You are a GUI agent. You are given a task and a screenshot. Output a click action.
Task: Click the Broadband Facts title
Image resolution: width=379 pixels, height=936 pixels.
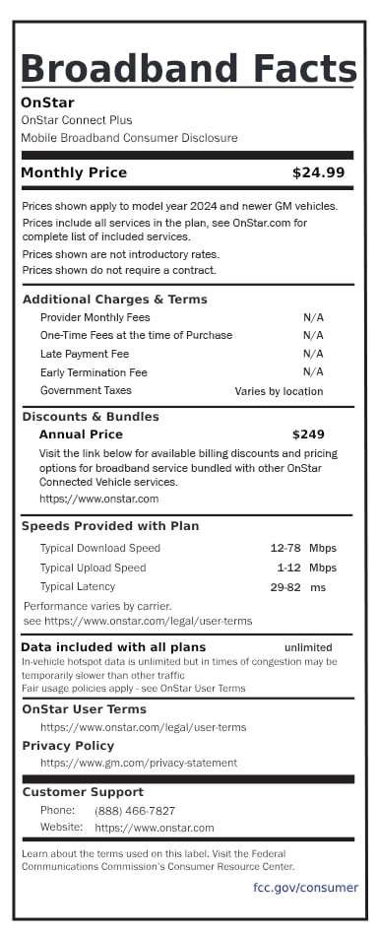(x=188, y=68)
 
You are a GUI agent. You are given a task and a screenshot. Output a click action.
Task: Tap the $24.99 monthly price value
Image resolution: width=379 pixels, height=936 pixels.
(x=318, y=172)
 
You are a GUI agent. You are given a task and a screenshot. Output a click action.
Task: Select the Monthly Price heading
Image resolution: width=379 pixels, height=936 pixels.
(x=74, y=172)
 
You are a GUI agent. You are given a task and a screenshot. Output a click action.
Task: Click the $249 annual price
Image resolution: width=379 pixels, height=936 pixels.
(x=307, y=435)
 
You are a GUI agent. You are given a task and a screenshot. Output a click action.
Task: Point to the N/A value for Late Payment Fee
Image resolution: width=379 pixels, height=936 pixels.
(x=313, y=354)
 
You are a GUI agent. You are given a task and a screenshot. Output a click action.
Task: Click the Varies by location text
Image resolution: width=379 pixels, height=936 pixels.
(x=279, y=391)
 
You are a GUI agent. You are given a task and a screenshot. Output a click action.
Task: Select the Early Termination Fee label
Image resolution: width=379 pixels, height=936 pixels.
(x=94, y=372)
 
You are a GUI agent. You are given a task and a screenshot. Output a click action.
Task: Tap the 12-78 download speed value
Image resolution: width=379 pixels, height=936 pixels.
(x=285, y=548)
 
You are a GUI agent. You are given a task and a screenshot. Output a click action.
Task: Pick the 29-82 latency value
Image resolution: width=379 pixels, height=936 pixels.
(x=285, y=587)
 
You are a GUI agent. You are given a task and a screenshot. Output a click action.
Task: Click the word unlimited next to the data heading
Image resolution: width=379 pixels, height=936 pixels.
(x=308, y=647)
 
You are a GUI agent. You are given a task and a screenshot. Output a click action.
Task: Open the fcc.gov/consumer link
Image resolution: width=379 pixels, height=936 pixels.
(x=305, y=888)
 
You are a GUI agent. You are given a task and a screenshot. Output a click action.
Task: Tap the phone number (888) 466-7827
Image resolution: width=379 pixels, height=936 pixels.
(x=135, y=810)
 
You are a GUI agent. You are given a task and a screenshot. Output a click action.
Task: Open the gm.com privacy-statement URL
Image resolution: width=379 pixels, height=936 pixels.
(x=138, y=763)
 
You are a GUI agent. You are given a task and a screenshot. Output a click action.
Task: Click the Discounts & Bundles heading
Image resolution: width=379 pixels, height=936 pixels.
(x=91, y=416)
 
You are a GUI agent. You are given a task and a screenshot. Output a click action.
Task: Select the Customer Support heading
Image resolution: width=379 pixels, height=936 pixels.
(x=83, y=792)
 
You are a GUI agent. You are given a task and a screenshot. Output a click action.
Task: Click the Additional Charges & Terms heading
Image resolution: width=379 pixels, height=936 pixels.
(x=114, y=300)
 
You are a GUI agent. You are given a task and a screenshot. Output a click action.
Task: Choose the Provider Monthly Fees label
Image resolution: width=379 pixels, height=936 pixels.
(x=95, y=317)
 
